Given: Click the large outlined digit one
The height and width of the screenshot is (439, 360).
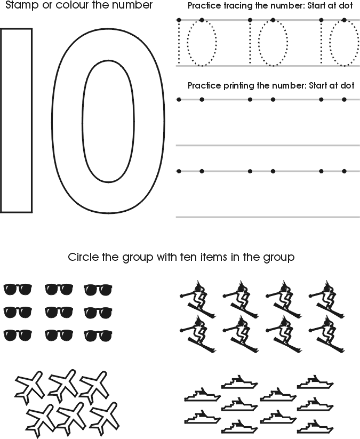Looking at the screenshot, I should coord(17,120).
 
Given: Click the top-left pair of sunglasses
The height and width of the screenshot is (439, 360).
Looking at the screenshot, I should coord(18,289).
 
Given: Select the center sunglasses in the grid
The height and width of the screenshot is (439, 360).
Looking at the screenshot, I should coord(58,312).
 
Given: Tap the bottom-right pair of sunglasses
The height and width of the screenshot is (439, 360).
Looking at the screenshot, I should coord(98,335).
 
